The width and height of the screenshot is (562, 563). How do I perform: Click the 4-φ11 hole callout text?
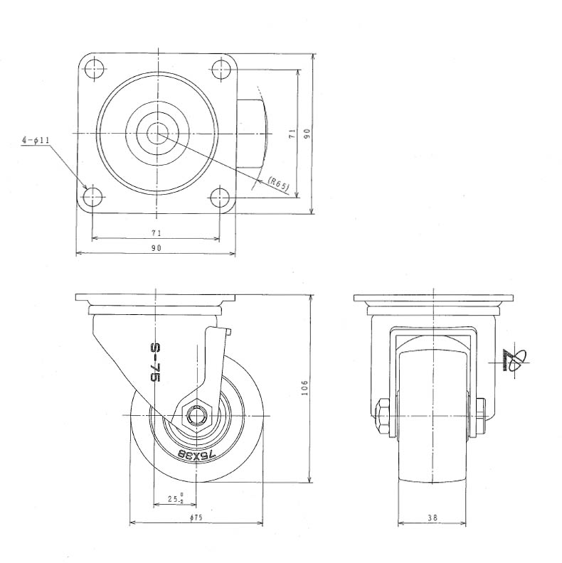pos(36,140)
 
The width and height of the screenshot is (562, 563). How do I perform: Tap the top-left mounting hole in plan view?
pos(95,68)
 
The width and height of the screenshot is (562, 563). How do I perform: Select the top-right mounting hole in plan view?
pos(221,69)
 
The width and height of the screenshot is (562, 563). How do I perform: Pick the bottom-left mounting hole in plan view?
pos(92,196)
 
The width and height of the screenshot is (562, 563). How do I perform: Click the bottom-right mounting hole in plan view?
pos(220,197)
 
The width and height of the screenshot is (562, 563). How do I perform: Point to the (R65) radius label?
pos(278,183)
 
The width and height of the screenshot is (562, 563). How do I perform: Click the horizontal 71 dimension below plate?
pos(157,233)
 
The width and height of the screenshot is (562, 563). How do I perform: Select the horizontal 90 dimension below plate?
pos(157,248)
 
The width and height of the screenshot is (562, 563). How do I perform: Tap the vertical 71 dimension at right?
pos(292,134)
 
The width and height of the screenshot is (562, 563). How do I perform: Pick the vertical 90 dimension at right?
pos(307,134)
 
